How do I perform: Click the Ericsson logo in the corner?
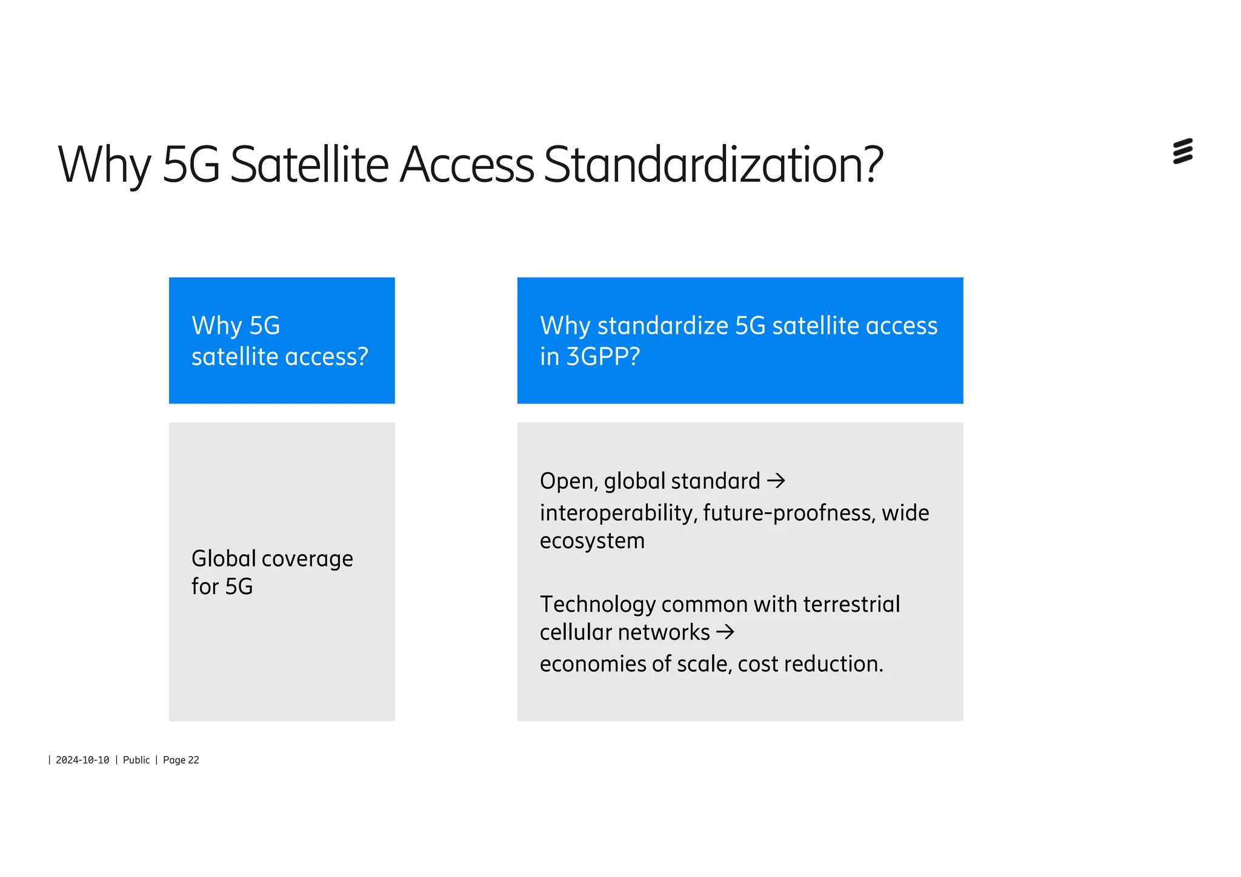1182,151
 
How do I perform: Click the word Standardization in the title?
713,165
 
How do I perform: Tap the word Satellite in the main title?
309,165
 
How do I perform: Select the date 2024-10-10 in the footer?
82,760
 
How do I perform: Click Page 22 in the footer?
181,760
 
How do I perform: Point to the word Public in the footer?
136,760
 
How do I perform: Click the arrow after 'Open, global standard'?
776,482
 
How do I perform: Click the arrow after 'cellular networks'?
725,632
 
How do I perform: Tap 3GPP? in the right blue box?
603,357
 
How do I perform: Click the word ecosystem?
592,541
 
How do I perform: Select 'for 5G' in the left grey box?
222,587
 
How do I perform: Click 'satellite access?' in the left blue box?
279,357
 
